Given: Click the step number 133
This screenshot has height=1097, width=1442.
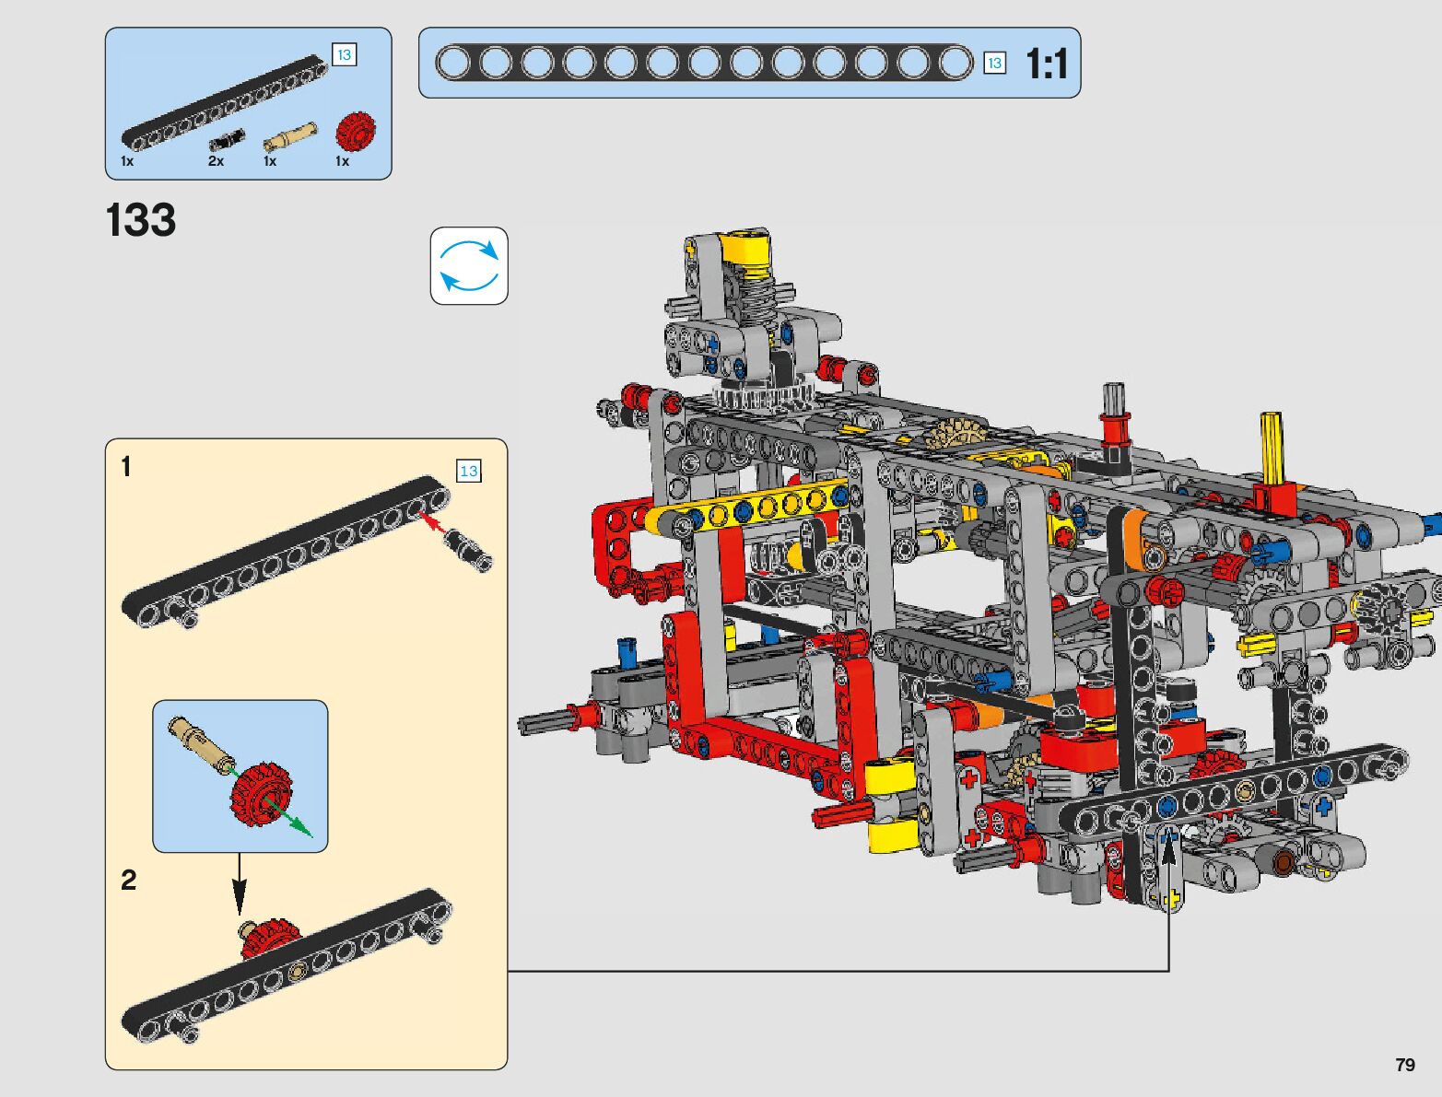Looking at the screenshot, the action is coord(141,219).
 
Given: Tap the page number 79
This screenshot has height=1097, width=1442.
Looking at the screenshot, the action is coord(1405,1064).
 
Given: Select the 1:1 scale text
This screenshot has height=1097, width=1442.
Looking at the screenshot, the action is coord(1047,64).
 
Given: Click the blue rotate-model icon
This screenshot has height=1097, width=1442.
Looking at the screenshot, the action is coord(469,266).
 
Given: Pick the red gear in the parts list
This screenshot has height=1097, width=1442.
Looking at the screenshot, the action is coord(356,131).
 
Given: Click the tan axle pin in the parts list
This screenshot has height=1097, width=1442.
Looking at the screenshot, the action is coord(290,137).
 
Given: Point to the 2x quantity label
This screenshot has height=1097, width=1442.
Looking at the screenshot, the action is coord(217,161).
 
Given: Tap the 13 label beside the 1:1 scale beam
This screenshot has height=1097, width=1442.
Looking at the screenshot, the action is coord(994,63).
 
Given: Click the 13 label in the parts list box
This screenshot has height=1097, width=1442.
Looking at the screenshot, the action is coord(345,54).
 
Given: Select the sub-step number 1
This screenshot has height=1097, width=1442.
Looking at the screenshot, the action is coord(125,467).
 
